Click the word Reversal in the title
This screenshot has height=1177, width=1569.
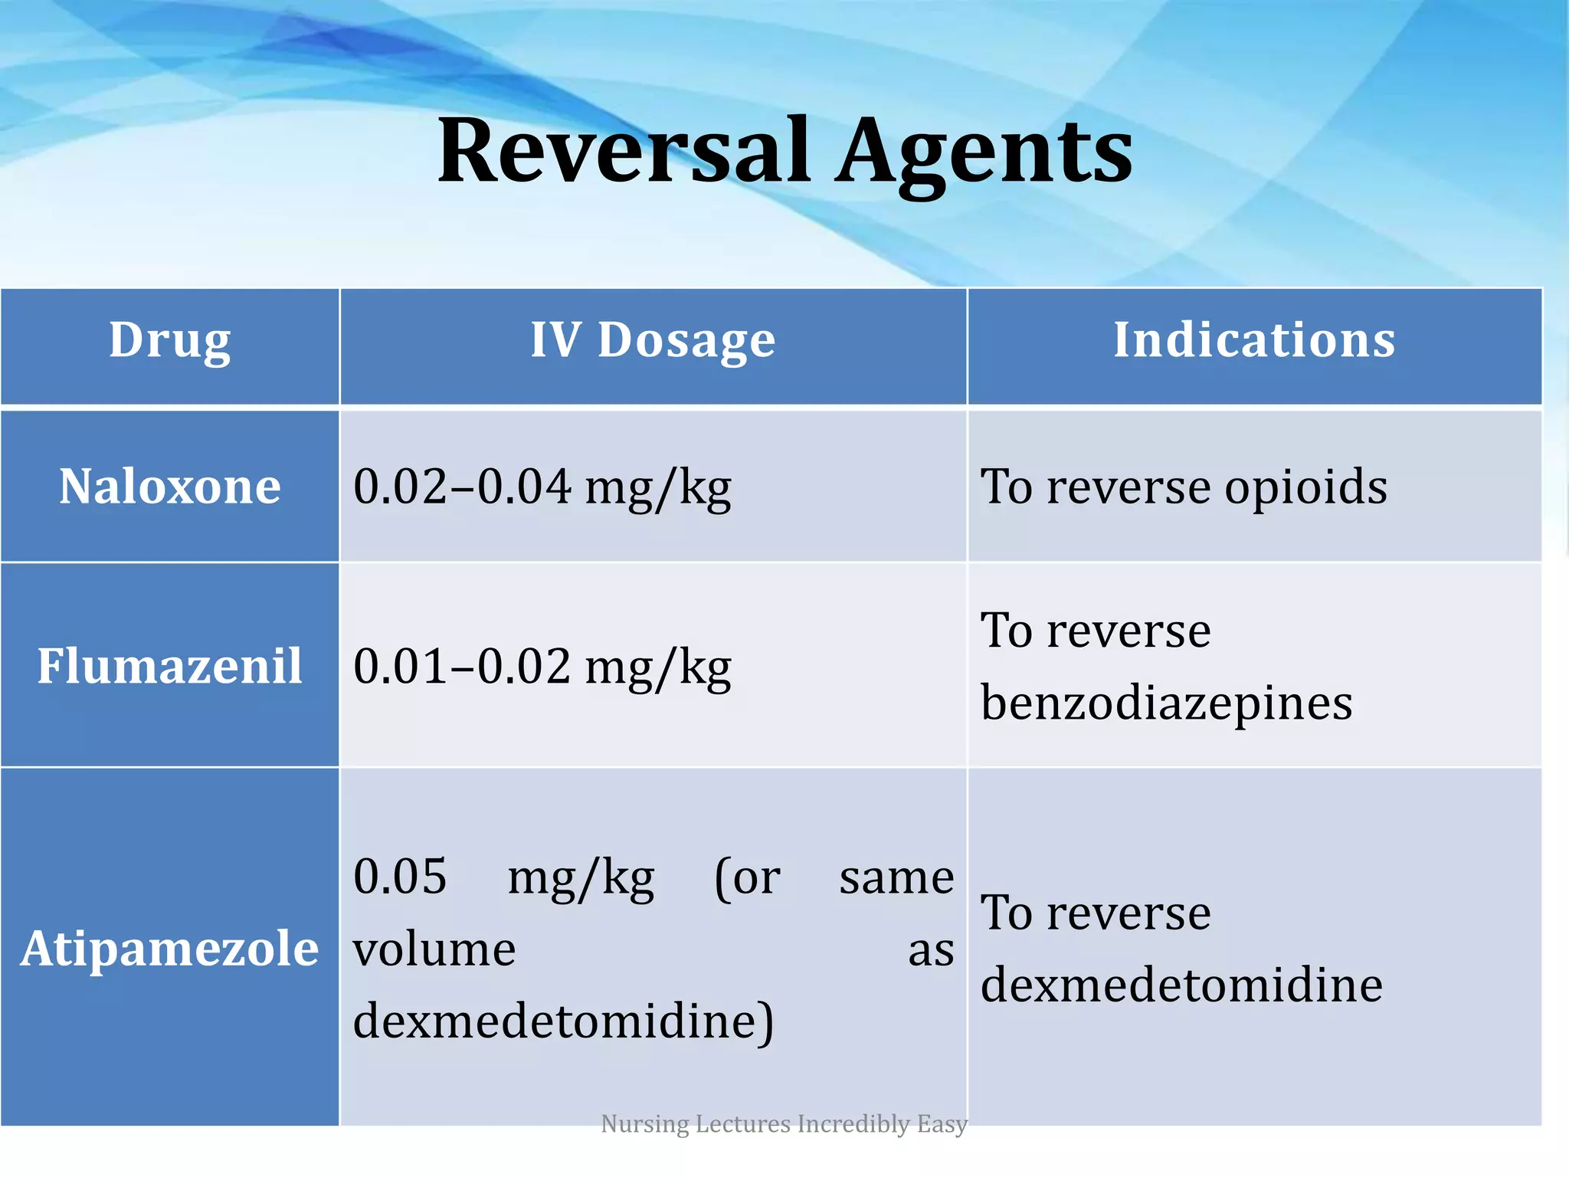[x=623, y=151]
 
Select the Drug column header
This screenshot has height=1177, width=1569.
[x=169, y=340]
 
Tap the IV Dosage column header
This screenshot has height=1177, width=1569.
[x=653, y=340]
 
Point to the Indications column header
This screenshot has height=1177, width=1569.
[x=1254, y=340]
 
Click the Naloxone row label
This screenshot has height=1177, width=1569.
[x=170, y=487]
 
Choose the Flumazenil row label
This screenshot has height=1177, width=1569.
[x=170, y=665]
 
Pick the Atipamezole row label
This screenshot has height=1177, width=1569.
[x=169, y=949]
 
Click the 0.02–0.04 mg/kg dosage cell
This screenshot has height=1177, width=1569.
[x=542, y=487]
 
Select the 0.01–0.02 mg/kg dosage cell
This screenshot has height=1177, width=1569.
[x=542, y=667]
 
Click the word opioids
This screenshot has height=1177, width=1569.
[x=1305, y=487]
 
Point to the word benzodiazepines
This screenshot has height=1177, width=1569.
[x=1166, y=703]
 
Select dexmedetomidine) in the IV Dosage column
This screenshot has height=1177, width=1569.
[x=563, y=1021]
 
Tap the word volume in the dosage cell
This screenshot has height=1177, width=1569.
[x=434, y=949]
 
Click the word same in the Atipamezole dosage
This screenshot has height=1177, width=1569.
[x=896, y=877]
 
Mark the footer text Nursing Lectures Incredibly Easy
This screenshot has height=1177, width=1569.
[x=784, y=1123]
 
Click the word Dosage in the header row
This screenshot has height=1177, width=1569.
[x=686, y=340]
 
